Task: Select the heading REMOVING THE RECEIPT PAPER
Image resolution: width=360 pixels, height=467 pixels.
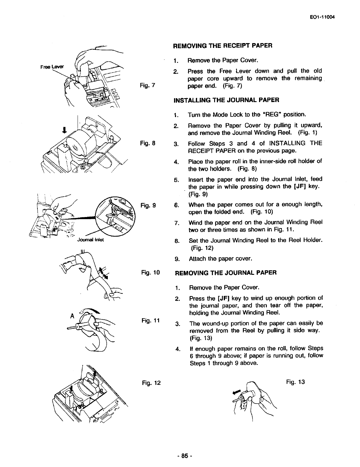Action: point(223,46)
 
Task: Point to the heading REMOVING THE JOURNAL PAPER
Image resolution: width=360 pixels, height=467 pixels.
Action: point(226,273)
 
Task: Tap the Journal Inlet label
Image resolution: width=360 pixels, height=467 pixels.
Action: point(90,239)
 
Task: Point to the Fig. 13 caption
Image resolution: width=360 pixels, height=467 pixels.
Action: point(295,382)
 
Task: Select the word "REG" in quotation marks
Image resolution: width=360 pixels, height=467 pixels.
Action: point(272,114)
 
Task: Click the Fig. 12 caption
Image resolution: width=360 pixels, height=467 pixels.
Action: point(151,383)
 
